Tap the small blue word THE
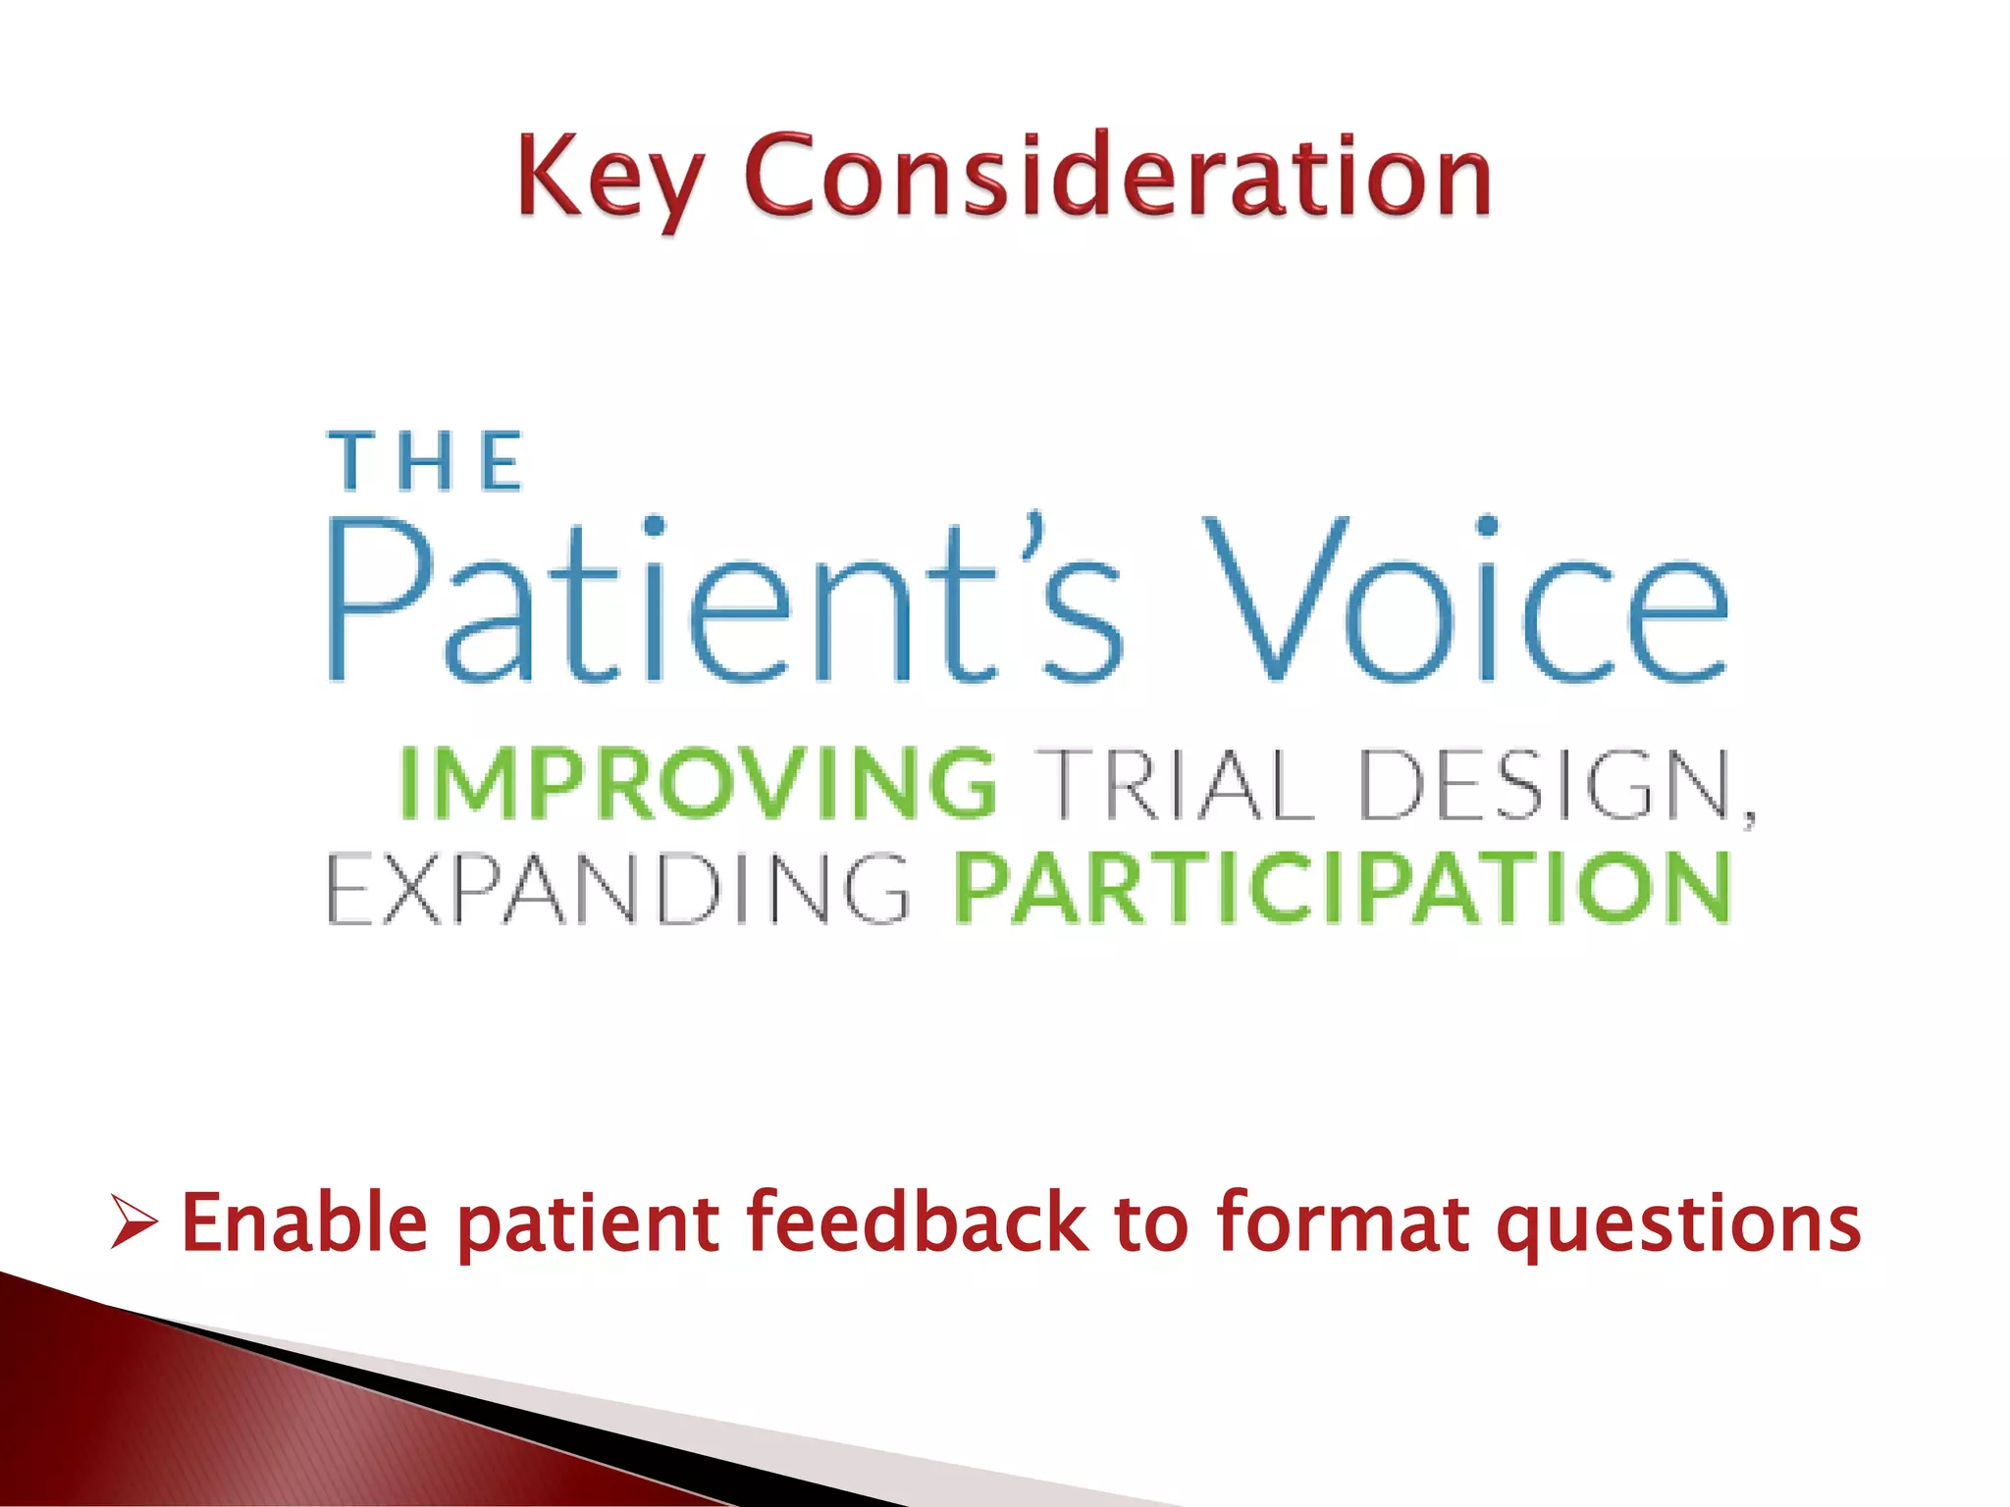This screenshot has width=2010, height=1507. coord(426,461)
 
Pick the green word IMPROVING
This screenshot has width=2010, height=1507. coord(699,783)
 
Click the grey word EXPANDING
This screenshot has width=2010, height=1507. coord(618,889)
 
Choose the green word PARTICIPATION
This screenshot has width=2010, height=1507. coord(1343,889)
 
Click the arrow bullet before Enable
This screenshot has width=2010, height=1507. coord(132,1221)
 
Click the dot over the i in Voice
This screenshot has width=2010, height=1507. coord(1487,526)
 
